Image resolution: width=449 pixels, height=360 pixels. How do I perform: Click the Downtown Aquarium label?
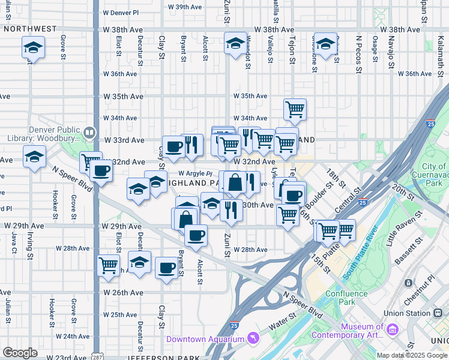(205, 339)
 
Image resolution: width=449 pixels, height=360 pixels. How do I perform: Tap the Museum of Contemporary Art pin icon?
(393, 329)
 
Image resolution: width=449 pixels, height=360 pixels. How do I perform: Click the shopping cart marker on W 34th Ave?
(295, 109)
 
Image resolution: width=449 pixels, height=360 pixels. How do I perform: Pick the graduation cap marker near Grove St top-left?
(34, 47)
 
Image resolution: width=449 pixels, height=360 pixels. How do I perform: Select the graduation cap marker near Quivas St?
(325, 46)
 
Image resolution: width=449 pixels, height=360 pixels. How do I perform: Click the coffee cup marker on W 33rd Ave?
(174, 146)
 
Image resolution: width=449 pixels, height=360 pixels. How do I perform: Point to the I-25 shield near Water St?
(234, 326)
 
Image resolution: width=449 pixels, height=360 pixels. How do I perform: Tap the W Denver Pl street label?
(121, 12)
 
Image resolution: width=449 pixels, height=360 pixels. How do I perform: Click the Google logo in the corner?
(20, 353)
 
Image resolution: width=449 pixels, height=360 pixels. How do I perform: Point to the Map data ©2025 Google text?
(411, 355)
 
